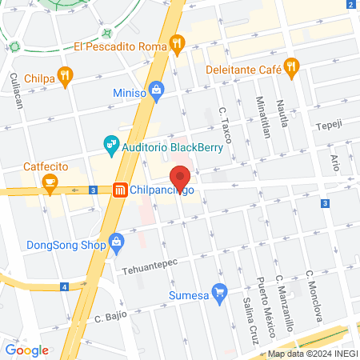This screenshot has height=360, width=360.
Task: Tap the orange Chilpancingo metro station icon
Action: pyautogui.click(x=119, y=190)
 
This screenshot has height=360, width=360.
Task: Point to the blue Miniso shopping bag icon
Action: pyautogui.click(x=157, y=90)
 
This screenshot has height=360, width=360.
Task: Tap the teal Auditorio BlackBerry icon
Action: pyautogui.click(x=112, y=145)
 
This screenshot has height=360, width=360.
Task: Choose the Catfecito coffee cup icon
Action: pyautogui.click(x=50, y=184)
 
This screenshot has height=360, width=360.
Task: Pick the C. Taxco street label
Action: pyautogui.click(x=226, y=125)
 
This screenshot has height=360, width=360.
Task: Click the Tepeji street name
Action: pyautogui.click(x=327, y=126)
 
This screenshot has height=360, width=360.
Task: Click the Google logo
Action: pyautogui.click(x=26, y=350)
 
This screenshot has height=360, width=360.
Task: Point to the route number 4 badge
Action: pyautogui.click(x=63, y=286)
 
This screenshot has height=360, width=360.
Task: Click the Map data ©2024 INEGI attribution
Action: pyautogui.click(x=311, y=354)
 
